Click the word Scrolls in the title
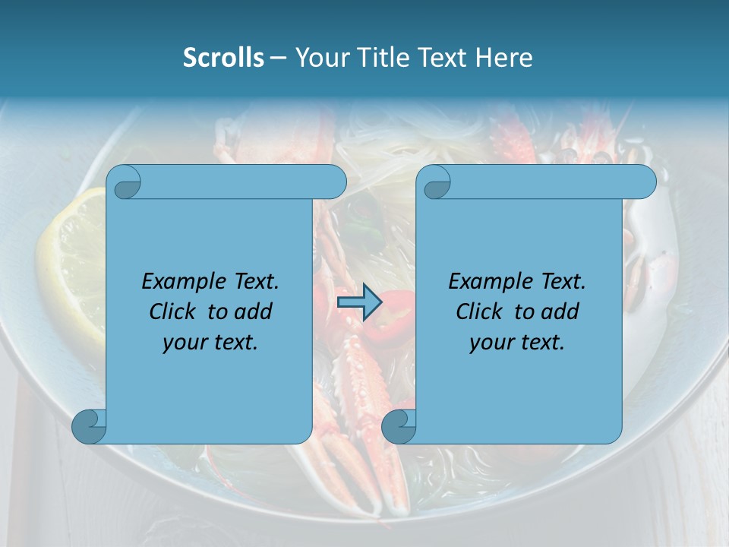[223, 58]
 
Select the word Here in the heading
[504, 58]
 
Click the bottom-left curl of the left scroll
[88, 427]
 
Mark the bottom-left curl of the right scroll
[398, 427]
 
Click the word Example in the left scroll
[175, 282]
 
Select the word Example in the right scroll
[482, 282]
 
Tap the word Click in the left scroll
[172, 311]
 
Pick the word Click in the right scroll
[479, 311]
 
